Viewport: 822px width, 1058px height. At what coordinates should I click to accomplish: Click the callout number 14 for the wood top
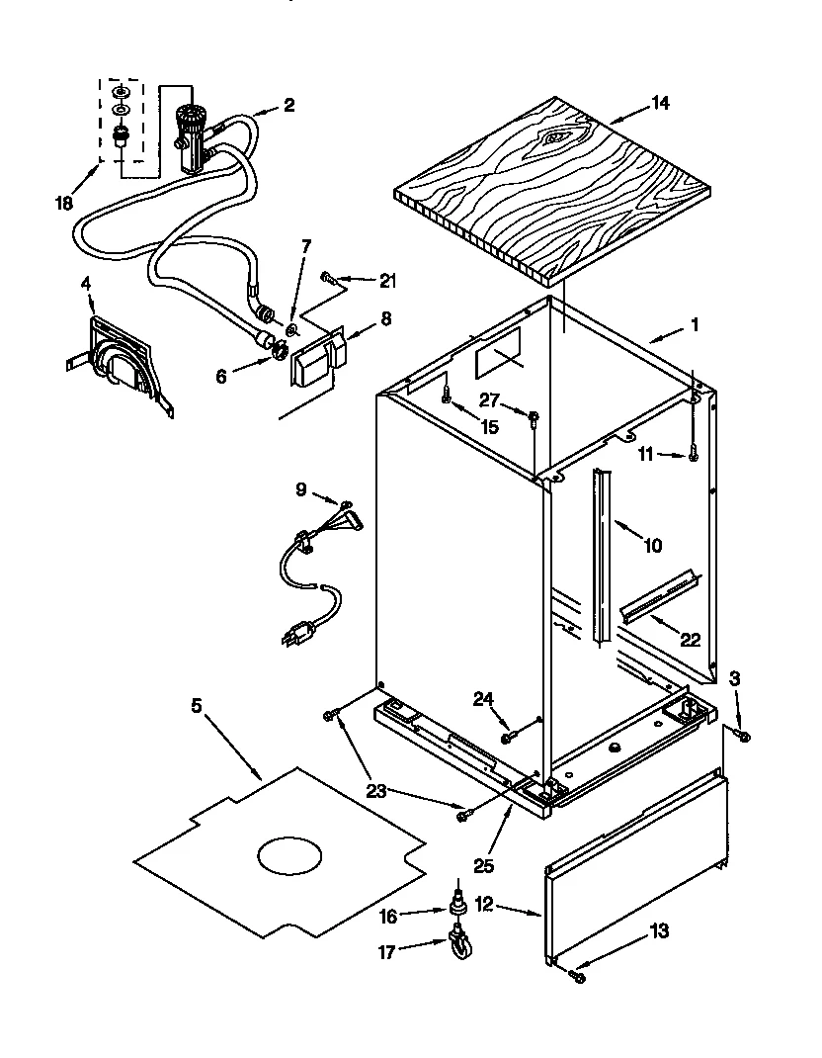660,102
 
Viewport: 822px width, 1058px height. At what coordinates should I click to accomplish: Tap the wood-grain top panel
553,183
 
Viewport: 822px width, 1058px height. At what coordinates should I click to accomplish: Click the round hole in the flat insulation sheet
289,855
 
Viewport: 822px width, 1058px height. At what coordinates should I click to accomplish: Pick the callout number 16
388,917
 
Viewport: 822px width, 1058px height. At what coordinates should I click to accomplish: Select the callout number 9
301,487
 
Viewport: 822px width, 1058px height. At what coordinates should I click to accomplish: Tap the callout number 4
87,283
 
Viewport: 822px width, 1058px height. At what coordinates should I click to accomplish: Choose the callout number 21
387,281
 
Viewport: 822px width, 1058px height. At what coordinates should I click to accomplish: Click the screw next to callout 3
744,736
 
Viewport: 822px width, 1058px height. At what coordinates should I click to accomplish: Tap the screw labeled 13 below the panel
579,977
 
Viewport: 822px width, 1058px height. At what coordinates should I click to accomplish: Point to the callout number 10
652,544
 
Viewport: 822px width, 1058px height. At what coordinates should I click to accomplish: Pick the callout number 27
488,400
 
